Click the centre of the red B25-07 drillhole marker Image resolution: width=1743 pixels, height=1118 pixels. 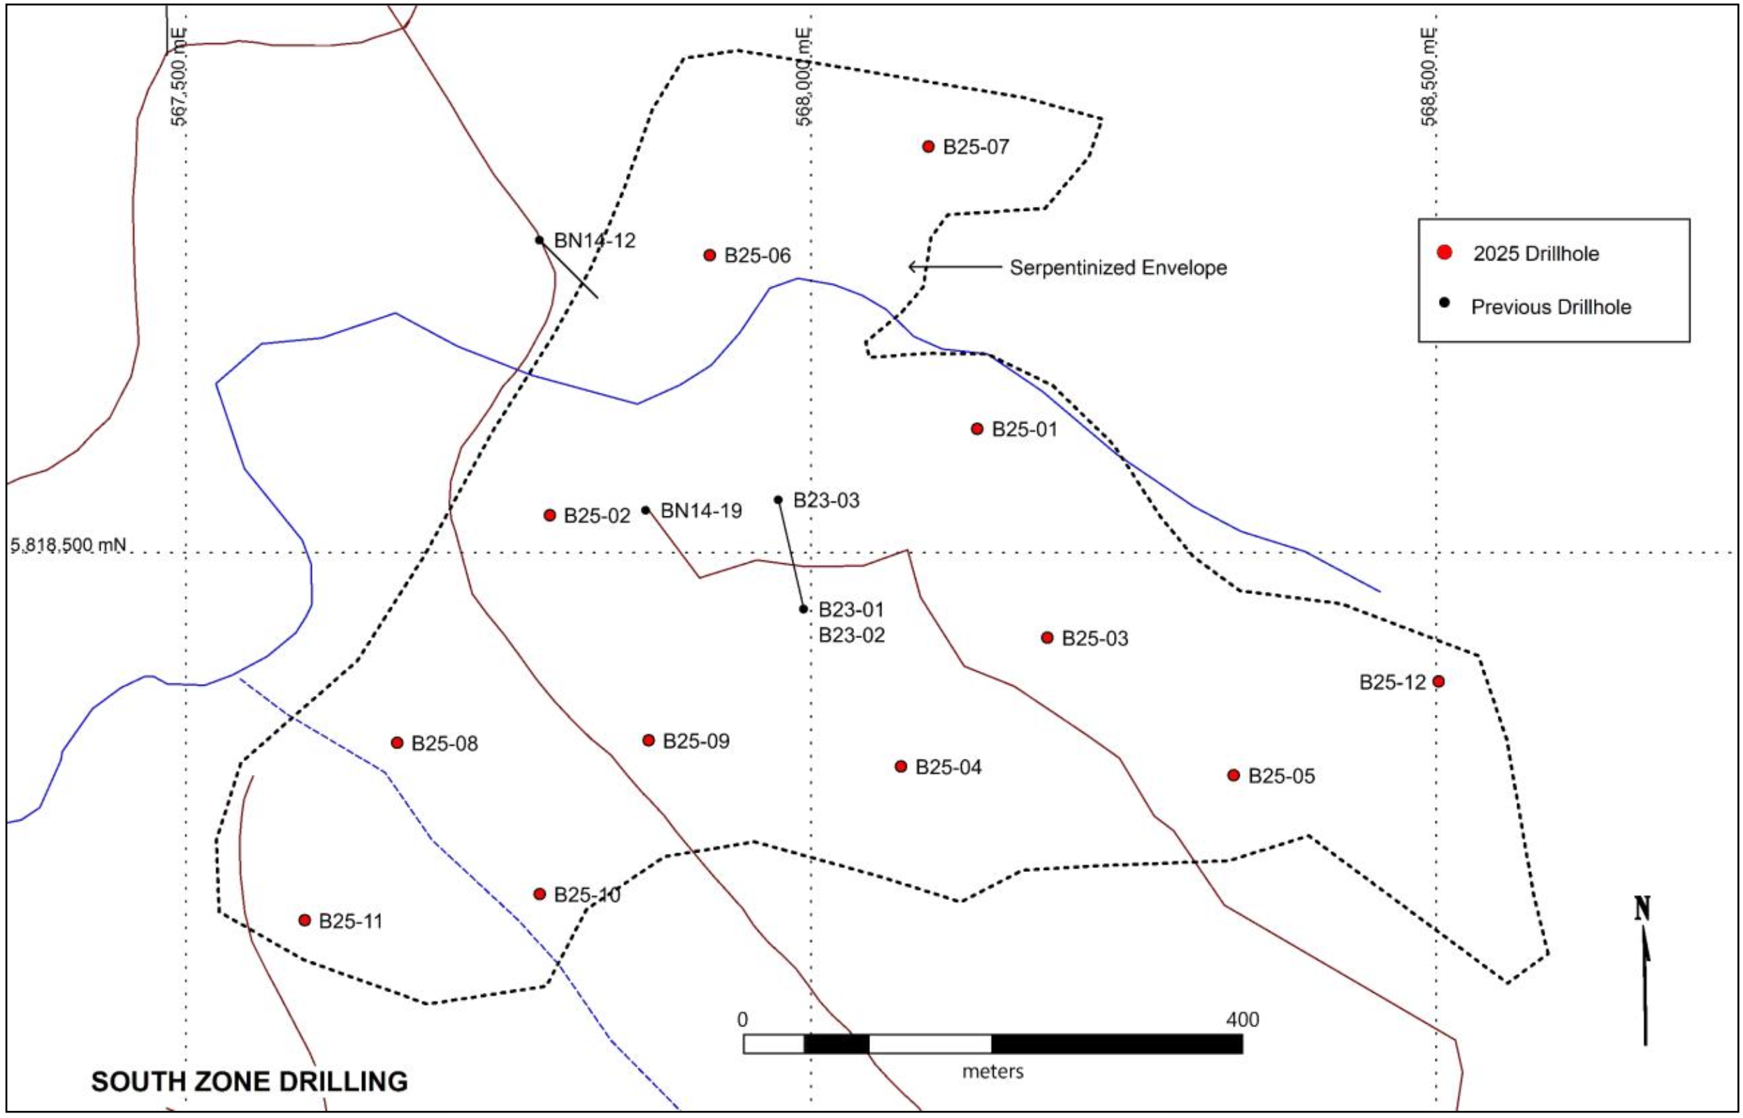928,147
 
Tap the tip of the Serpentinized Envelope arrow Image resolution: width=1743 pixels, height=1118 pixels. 909,267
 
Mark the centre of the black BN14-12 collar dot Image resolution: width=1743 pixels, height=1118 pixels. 540,240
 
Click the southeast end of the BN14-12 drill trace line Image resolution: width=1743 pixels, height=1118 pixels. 598,298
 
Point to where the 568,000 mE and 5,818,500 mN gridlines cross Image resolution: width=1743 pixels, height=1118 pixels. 811,553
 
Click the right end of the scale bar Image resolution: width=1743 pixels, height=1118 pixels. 1243,1043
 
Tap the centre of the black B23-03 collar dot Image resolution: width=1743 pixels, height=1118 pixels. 779,500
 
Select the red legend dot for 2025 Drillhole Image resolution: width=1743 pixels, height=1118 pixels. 1445,253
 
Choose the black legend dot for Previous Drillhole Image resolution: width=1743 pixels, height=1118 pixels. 1445,303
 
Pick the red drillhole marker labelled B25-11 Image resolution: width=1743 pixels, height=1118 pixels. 305,920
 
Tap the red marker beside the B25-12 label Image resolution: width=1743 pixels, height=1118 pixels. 1438,681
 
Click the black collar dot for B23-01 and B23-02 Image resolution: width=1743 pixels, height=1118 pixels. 803,609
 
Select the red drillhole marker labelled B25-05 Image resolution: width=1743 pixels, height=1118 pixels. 1234,776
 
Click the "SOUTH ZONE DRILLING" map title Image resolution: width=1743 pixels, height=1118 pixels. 249,1082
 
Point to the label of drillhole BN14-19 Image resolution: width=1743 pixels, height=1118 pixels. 701,511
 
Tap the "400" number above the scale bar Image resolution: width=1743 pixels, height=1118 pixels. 1243,1019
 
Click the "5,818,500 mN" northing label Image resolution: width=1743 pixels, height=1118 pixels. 68,544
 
